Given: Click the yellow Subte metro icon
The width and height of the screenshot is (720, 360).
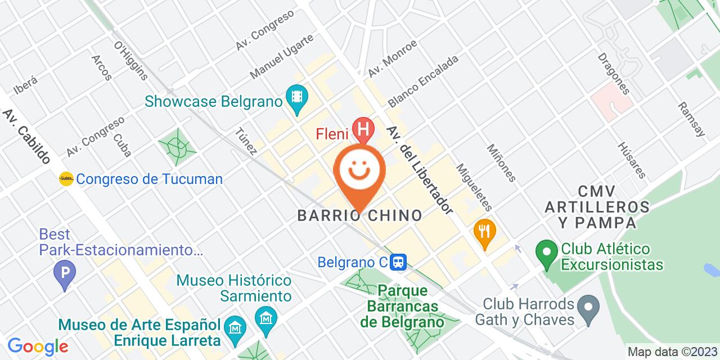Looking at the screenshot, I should pyautogui.click(x=66, y=179).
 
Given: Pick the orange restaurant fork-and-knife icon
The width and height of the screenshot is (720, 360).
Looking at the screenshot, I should pyautogui.click(x=483, y=230).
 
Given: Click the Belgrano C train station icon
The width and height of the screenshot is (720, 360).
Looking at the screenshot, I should pyautogui.click(x=399, y=262).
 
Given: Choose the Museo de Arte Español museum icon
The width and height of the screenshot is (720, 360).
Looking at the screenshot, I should pyautogui.click(x=232, y=326).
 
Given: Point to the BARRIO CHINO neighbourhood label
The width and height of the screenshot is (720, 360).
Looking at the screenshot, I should pyautogui.click(x=360, y=215).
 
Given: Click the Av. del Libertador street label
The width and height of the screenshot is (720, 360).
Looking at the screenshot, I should pyautogui.click(x=420, y=169).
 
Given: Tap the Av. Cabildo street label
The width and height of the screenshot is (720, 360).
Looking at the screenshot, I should pyautogui.click(x=26, y=137).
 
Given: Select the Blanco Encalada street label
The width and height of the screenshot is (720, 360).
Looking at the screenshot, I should pyautogui.click(x=423, y=81).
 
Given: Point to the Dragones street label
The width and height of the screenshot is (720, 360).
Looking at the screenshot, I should pyautogui.click(x=613, y=74).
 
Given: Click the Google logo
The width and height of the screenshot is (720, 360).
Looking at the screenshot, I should pyautogui.click(x=38, y=346).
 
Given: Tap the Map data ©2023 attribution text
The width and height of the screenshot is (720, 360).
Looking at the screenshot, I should pyautogui.click(x=672, y=352).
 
